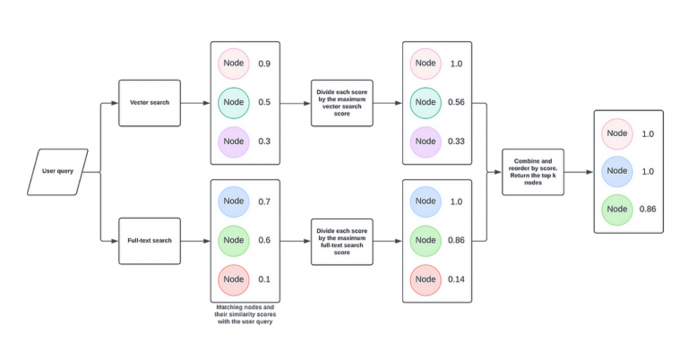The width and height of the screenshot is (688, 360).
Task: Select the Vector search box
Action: pyautogui.click(x=150, y=102)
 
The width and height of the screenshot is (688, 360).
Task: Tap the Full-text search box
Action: pyautogui.click(x=150, y=240)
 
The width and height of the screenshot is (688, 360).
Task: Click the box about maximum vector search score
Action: pyautogui.click(x=342, y=102)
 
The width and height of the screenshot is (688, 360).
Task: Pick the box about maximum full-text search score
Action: pyautogui.click(x=342, y=240)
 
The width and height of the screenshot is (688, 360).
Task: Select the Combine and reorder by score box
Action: pyautogui.click(x=533, y=171)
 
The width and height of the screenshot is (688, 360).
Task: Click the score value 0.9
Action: pyautogui.click(x=265, y=64)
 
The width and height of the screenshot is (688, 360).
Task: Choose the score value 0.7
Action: pyautogui.click(x=265, y=202)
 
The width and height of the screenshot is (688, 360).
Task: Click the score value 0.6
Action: pyautogui.click(x=265, y=241)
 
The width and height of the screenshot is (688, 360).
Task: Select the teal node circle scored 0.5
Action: pyautogui.click(x=234, y=102)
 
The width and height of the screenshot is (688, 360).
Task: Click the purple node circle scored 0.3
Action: pyautogui.click(x=234, y=141)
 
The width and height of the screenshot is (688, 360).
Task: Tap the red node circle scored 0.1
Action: pyautogui.click(x=234, y=279)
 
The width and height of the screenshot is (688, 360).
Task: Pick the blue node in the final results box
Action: pyautogui.click(x=617, y=171)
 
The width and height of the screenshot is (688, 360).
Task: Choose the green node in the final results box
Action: pyautogui.click(x=617, y=209)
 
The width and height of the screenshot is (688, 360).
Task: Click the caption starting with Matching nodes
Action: pyautogui.click(x=245, y=314)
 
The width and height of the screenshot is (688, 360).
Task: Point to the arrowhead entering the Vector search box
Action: pyautogui.click(x=115, y=102)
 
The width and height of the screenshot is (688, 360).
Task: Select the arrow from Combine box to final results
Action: pyautogui.click(x=578, y=171)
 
